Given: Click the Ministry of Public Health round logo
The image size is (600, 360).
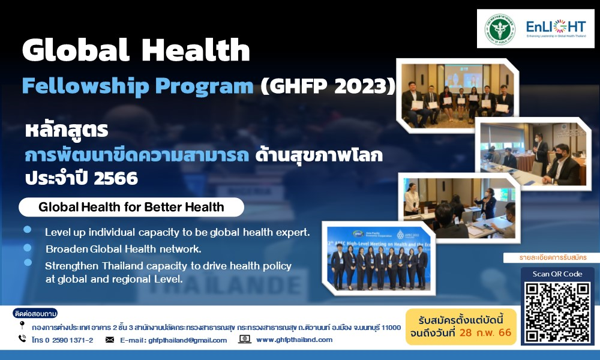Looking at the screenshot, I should pyautogui.click(x=500, y=28).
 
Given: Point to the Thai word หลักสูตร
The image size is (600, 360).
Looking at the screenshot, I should pyautogui.click(x=65, y=130).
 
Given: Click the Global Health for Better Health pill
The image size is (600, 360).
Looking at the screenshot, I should pyautogui.click(x=131, y=208).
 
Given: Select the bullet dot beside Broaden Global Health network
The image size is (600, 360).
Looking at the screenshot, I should pyautogui.click(x=28, y=247).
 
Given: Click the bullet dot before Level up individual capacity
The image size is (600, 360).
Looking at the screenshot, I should pyautogui.click(x=28, y=230).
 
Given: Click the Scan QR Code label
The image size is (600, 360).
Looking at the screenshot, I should pyautogui.click(x=557, y=274).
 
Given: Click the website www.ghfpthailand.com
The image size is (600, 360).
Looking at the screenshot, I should pyautogui.click(x=294, y=340).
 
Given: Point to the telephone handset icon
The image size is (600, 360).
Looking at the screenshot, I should pyautogui.click(x=22, y=339).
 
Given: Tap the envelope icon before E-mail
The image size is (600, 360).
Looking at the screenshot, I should pyautogui.click(x=110, y=340).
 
